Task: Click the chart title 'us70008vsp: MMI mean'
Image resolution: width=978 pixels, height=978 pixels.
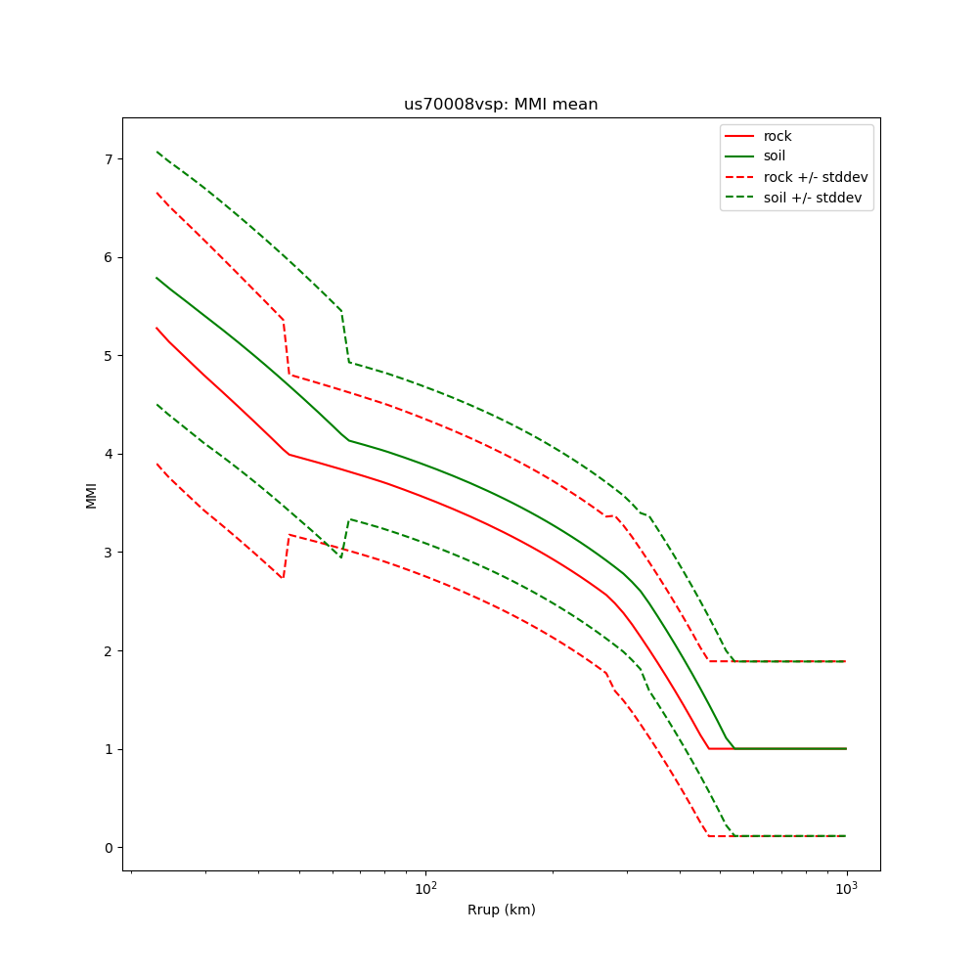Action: tap(501, 105)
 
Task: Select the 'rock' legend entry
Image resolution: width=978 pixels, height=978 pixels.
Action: tap(778, 136)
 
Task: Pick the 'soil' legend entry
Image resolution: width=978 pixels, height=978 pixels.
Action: tap(777, 156)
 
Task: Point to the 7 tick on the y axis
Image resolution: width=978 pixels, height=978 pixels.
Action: tap(110, 159)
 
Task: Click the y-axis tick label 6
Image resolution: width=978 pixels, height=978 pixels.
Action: tap(110, 257)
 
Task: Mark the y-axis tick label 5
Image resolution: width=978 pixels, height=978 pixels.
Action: tap(110, 356)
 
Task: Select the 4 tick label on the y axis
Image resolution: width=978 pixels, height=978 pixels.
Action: tap(110, 454)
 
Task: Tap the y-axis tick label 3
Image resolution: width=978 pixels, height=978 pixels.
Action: tap(110, 553)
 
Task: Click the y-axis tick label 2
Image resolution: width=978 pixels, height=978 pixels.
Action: tap(110, 650)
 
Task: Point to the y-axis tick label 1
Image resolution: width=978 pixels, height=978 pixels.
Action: tap(110, 749)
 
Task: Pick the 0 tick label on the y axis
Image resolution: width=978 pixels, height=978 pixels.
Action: tap(110, 847)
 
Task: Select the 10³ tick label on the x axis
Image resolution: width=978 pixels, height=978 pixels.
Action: tap(846, 888)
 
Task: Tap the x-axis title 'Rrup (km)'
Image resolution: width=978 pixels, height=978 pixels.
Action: tap(501, 910)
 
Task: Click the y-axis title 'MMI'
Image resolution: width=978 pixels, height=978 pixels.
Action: tap(91, 494)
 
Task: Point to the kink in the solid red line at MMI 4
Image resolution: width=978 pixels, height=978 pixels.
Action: tap(289, 454)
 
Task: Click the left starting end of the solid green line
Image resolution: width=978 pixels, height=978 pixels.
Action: tap(156, 278)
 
